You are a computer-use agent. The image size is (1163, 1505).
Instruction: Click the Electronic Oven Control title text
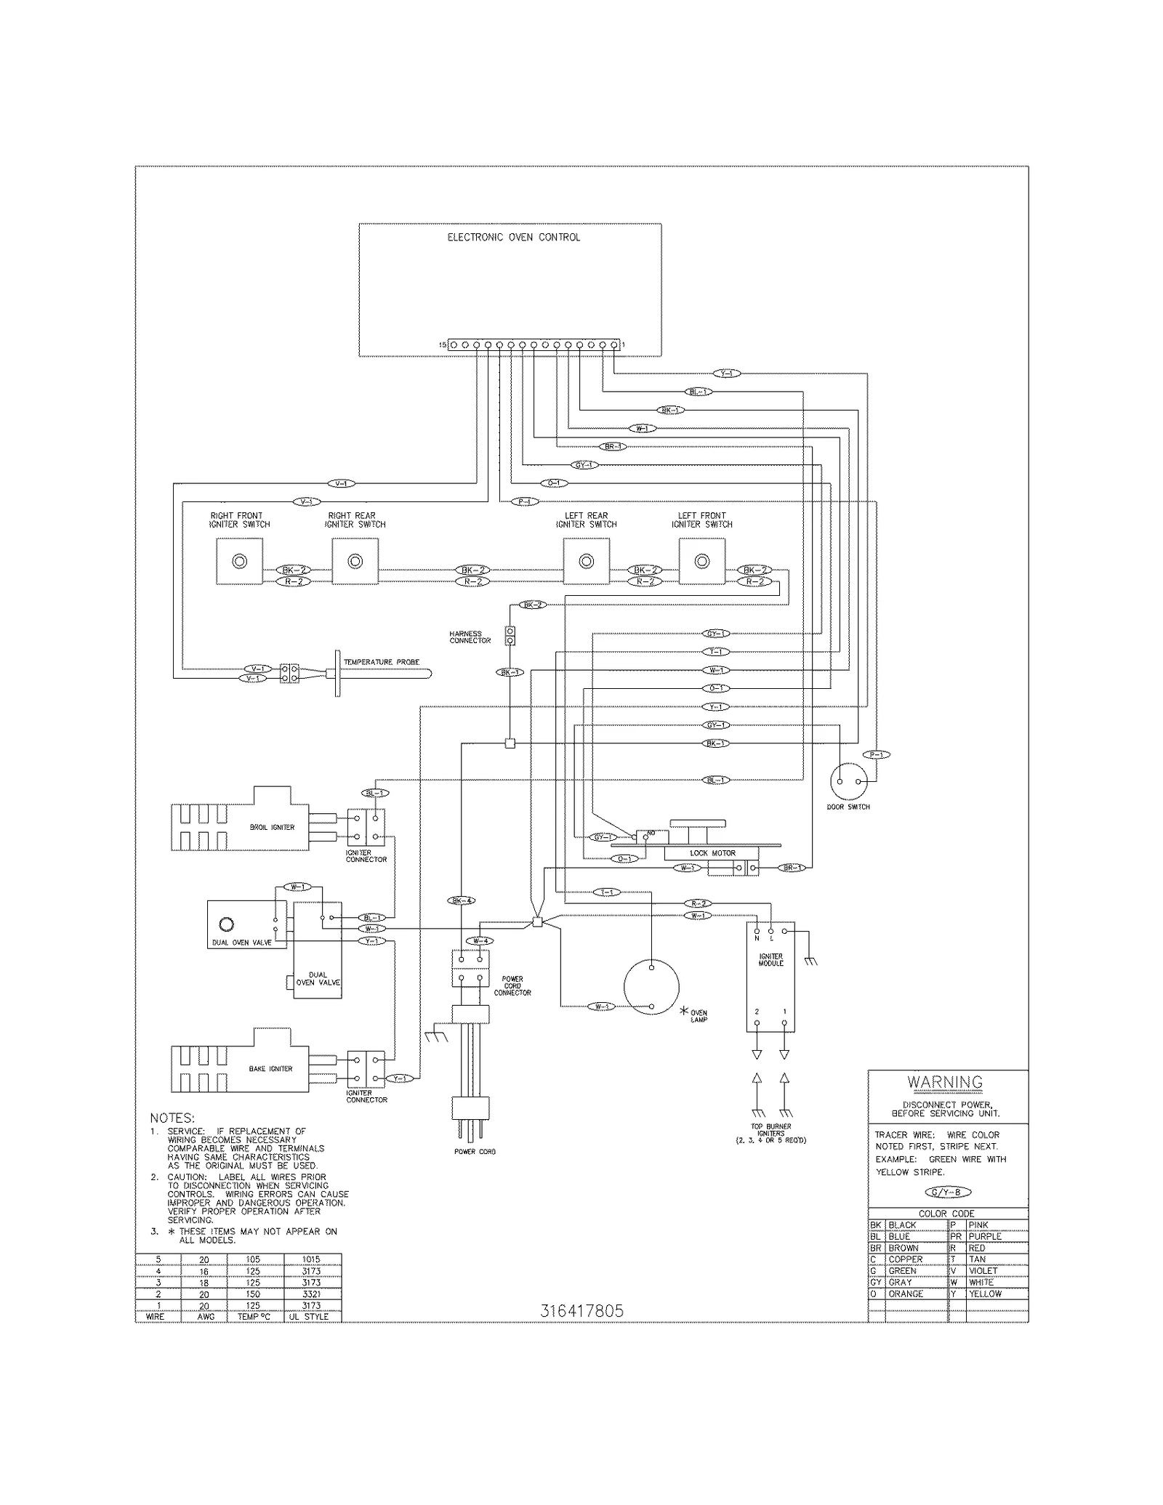click(513, 237)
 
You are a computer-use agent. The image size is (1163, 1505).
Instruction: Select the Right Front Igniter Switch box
click(239, 561)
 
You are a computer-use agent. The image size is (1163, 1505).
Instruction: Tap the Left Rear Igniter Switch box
click(586, 561)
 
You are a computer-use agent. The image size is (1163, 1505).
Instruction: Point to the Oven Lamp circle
click(651, 987)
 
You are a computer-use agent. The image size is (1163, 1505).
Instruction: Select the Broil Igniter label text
click(272, 827)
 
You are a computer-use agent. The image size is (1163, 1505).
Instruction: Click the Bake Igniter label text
click(270, 1069)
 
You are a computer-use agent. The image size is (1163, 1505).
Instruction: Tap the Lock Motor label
click(712, 853)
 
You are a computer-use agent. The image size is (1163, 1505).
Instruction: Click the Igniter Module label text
click(770, 960)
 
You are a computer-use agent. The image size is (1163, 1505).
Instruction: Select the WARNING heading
click(944, 1082)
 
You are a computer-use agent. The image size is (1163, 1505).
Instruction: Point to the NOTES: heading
click(172, 1118)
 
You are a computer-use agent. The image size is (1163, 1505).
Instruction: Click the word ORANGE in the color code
click(906, 1294)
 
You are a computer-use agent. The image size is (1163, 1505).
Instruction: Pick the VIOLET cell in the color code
click(983, 1270)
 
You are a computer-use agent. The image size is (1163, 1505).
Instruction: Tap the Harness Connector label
click(470, 637)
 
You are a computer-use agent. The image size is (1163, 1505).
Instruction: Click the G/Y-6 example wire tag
click(947, 1192)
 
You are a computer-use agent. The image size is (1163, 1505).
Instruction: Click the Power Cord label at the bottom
click(475, 1152)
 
